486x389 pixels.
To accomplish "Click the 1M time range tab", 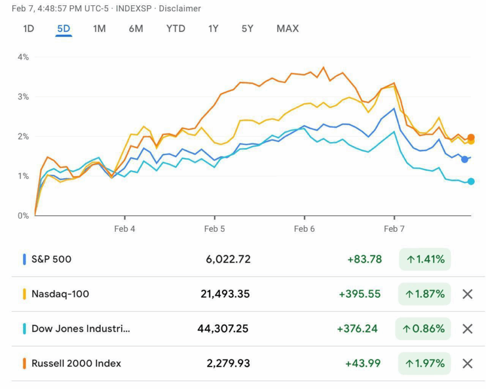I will pyautogui.click(x=99, y=28).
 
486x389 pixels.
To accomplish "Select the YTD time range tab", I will pyautogui.click(x=176, y=28).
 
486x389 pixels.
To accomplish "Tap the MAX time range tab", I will pyautogui.click(x=288, y=28).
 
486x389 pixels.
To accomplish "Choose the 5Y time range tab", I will pyautogui.click(x=247, y=28).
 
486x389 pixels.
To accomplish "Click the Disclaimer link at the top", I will pyautogui.click(x=180, y=9).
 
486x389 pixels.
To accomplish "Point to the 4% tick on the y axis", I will pyautogui.click(x=23, y=57).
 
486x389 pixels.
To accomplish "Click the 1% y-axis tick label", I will pyautogui.click(x=23, y=176).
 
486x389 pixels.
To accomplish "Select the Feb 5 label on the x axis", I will pyautogui.click(x=215, y=229).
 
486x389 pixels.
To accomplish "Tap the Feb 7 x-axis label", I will pyautogui.click(x=394, y=229).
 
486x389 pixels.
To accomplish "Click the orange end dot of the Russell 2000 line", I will pyautogui.click(x=471, y=137).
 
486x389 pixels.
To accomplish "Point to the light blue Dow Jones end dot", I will pyautogui.click(x=471, y=181).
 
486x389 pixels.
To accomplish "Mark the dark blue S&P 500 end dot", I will pyautogui.click(x=465, y=159).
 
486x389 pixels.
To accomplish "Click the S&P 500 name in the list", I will pyautogui.click(x=51, y=259).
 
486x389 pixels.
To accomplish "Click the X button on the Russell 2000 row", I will pyautogui.click(x=467, y=363).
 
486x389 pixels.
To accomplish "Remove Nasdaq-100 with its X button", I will pyautogui.click(x=467, y=294).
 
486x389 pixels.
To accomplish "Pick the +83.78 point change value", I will pyautogui.click(x=364, y=259).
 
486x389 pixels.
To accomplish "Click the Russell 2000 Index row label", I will pyautogui.click(x=76, y=363).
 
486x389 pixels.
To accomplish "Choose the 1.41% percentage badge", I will pyautogui.click(x=425, y=259).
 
